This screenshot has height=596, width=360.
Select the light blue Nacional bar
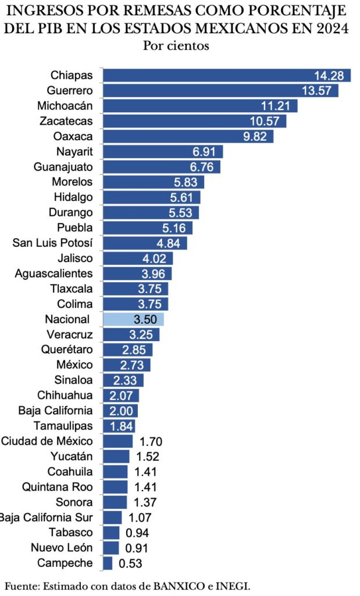[133, 319]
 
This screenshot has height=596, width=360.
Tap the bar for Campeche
[108, 563]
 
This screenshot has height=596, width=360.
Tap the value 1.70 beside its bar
[151, 441]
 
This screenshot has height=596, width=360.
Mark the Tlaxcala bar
[135, 289]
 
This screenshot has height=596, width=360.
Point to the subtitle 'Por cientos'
[176, 45]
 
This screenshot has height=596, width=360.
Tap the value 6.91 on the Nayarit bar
[205, 152]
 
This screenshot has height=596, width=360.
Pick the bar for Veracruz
[131, 334]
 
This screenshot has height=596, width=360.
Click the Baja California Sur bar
[112, 517]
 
